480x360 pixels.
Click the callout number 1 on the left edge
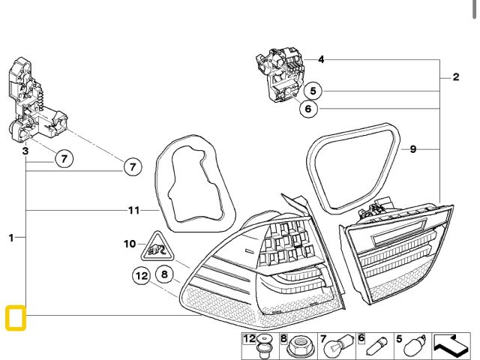click(11, 238)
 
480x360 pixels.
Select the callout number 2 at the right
click(455, 77)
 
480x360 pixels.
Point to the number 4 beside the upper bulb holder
click(321, 59)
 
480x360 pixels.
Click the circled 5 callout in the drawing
click(314, 91)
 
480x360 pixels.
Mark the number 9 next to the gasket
click(412, 149)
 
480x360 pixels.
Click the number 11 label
click(133, 211)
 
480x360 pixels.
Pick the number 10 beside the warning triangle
click(129, 243)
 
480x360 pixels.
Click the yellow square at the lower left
click(16, 318)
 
